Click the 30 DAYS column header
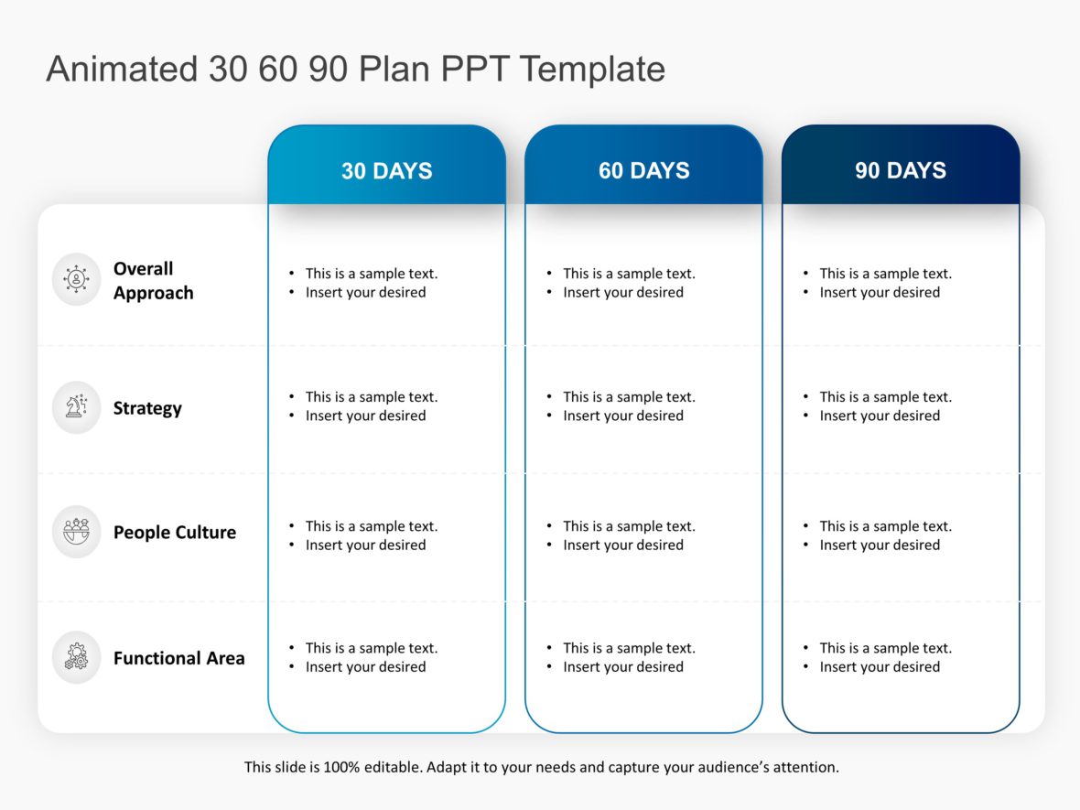(x=386, y=170)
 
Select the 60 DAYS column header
(x=643, y=170)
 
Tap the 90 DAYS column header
(x=901, y=170)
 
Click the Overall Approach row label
(x=153, y=281)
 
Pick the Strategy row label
(x=147, y=408)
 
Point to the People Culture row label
(x=174, y=532)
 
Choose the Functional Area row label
(x=178, y=658)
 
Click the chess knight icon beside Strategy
(x=76, y=407)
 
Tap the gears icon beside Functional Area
(x=76, y=657)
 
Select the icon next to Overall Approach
(x=76, y=279)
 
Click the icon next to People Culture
(x=76, y=531)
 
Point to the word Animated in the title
(x=121, y=70)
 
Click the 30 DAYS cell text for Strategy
(x=366, y=406)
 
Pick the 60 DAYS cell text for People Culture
(x=623, y=535)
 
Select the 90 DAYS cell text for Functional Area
(x=880, y=657)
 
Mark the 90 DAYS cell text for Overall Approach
(x=880, y=283)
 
